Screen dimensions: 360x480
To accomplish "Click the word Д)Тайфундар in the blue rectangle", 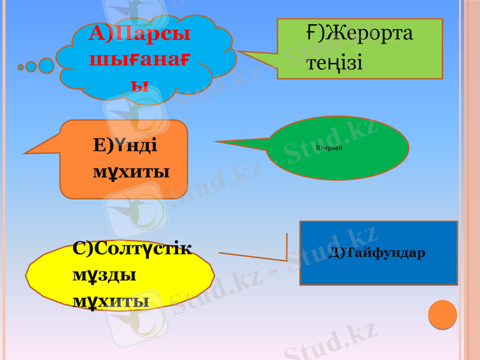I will pos(377,253).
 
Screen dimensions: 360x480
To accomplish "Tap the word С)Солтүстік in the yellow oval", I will pos(132,248).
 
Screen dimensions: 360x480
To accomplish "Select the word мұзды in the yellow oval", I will pos(104,275).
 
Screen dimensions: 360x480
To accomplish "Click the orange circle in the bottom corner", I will pos(443,314).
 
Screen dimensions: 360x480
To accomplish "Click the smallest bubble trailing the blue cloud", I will pos(21,67).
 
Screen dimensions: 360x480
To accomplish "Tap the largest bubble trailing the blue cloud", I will pos(46,65).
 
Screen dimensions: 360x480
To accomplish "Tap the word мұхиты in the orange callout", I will pos(131,173).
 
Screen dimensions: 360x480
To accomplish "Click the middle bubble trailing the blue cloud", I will pos(31,67).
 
